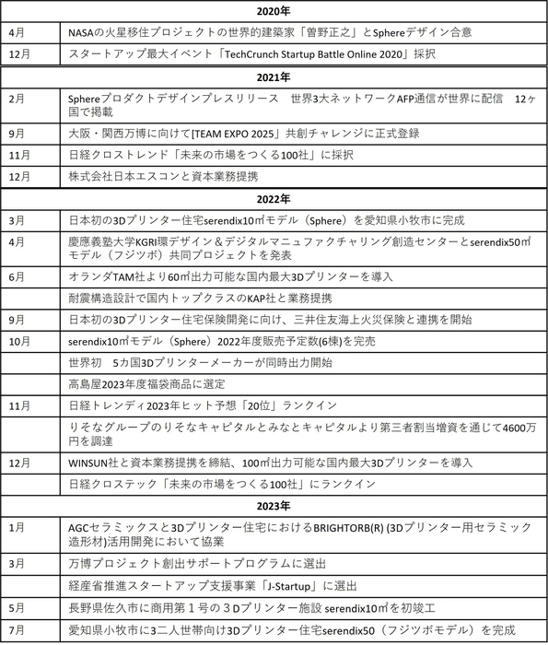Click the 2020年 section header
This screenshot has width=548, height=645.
(x=274, y=11)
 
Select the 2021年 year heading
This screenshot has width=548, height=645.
(x=274, y=76)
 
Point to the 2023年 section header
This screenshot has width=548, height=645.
(x=274, y=506)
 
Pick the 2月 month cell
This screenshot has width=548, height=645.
(x=16, y=97)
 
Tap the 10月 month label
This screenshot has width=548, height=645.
(x=18, y=341)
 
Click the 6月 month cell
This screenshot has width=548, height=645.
(x=16, y=276)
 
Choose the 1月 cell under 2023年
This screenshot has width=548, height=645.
(x=16, y=526)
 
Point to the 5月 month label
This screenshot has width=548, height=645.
(x=16, y=608)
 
